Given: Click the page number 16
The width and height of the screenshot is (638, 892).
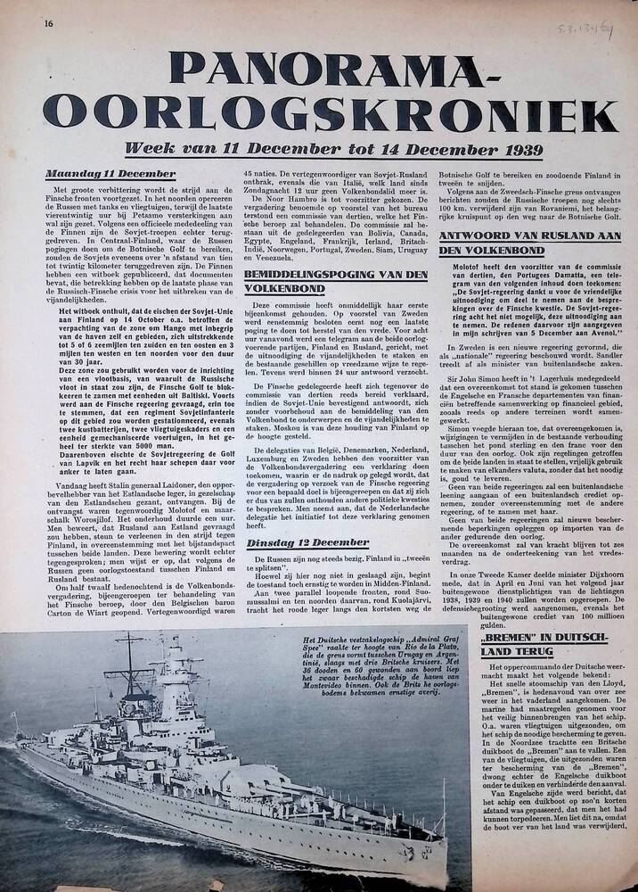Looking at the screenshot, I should (35, 23).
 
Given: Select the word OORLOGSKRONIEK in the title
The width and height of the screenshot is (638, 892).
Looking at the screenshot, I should (331, 114).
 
